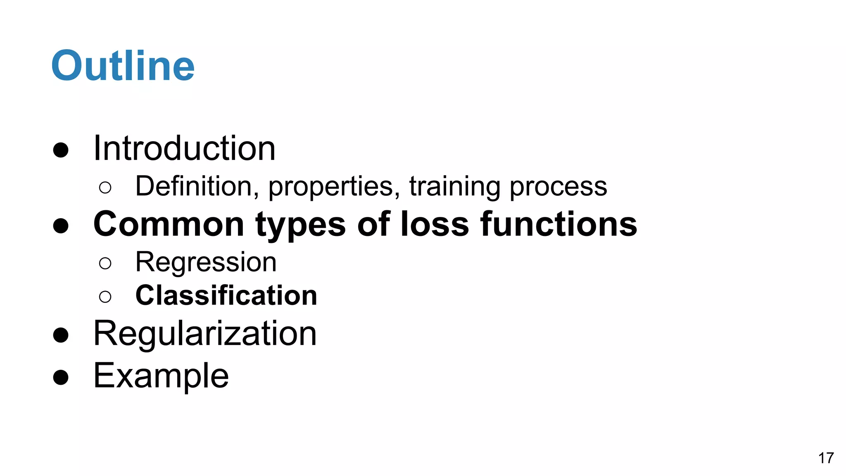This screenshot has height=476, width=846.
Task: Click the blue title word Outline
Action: pos(123,66)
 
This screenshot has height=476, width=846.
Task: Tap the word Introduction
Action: pos(184,148)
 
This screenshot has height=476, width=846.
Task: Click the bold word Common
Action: pos(169,224)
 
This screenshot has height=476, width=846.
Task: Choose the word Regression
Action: pos(206,263)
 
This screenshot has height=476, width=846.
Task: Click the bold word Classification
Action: pos(226,296)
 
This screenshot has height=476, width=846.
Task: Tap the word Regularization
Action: pos(205,333)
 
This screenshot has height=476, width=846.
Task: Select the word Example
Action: pos(161,376)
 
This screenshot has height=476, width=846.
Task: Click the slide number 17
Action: pos(826,458)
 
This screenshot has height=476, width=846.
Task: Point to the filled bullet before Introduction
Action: pos(61,150)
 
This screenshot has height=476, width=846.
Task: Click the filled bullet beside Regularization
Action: pos(61,335)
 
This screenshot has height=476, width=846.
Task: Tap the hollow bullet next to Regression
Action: pos(105,263)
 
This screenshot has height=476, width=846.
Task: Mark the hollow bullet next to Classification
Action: pos(105,296)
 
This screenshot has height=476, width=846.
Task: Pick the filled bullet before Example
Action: pos(61,377)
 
